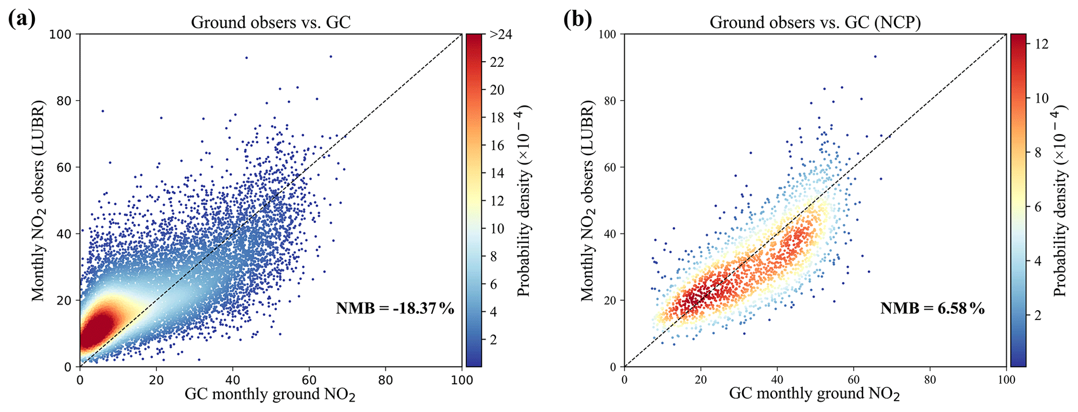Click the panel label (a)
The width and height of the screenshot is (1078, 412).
[22, 20]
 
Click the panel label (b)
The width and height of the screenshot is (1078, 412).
[577, 20]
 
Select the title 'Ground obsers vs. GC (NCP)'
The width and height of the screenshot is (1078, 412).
[815, 22]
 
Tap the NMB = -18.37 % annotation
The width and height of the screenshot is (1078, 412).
[395, 309]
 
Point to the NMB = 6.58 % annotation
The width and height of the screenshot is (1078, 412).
[932, 309]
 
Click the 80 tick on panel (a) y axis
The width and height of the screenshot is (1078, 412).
[66, 101]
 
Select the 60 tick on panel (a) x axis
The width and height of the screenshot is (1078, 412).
[309, 380]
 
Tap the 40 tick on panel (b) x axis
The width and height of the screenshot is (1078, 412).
[777, 380]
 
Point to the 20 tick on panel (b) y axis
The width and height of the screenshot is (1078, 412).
[610, 300]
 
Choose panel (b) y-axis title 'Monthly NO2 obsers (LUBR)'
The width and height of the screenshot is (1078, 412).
[588, 201]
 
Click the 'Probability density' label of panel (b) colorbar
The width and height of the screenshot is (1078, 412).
[1060, 201]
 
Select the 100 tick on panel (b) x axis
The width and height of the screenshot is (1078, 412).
[1006, 380]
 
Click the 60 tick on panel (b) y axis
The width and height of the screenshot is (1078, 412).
[610, 167]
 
